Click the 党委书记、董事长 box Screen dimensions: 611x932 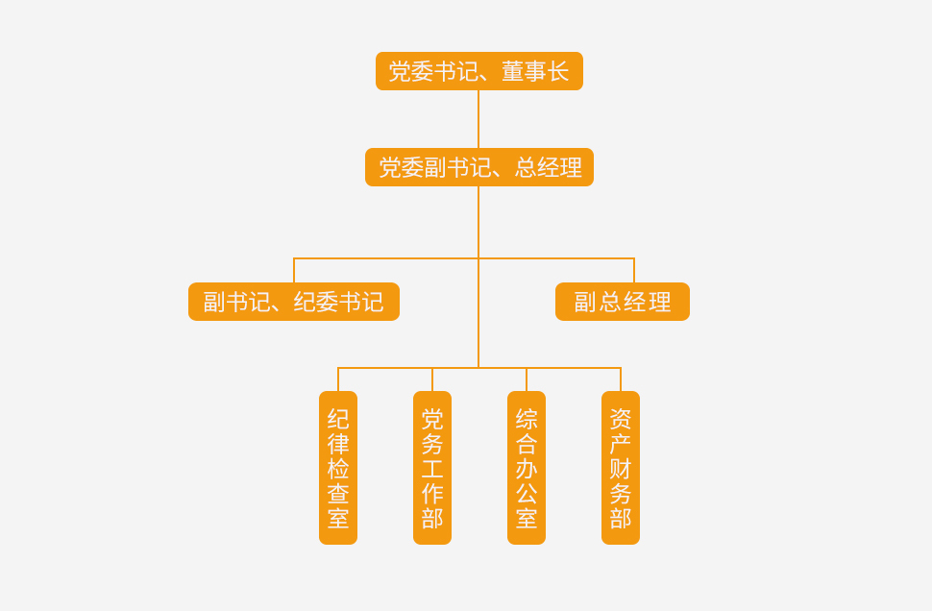click(x=478, y=71)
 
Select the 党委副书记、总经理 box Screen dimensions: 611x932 click(x=478, y=167)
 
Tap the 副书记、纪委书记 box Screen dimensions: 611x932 click(x=293, y=302)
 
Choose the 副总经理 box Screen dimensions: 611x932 click(x=622, y=302)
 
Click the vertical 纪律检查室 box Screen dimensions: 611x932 click(x=338, y=468)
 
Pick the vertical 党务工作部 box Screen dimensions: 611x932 click(x=432, y=468)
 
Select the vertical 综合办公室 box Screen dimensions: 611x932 click(x=527, y=468)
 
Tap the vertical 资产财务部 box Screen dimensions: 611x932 click(x=621, y=468)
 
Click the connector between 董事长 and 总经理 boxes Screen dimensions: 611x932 click(x=478, y=119)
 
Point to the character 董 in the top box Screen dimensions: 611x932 click(x=512, y=71)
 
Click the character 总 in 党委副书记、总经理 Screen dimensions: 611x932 click(x=526, y=167)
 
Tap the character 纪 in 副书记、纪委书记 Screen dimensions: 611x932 click(x=305, y=302)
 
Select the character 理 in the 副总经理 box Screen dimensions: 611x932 click(x=660, y=302)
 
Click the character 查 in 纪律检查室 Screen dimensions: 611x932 click(x=338, y=494)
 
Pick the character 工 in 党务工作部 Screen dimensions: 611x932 click(x=432, y=469)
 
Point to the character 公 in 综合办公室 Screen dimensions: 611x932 click(x=527, y=494)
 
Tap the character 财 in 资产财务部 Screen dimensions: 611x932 click(x=621, y=469)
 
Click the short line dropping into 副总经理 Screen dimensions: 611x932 click(x=634, y=270)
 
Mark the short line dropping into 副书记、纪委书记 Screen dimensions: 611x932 click(x=294, y=270)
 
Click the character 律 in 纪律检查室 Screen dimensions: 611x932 click(x=338, y=444)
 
